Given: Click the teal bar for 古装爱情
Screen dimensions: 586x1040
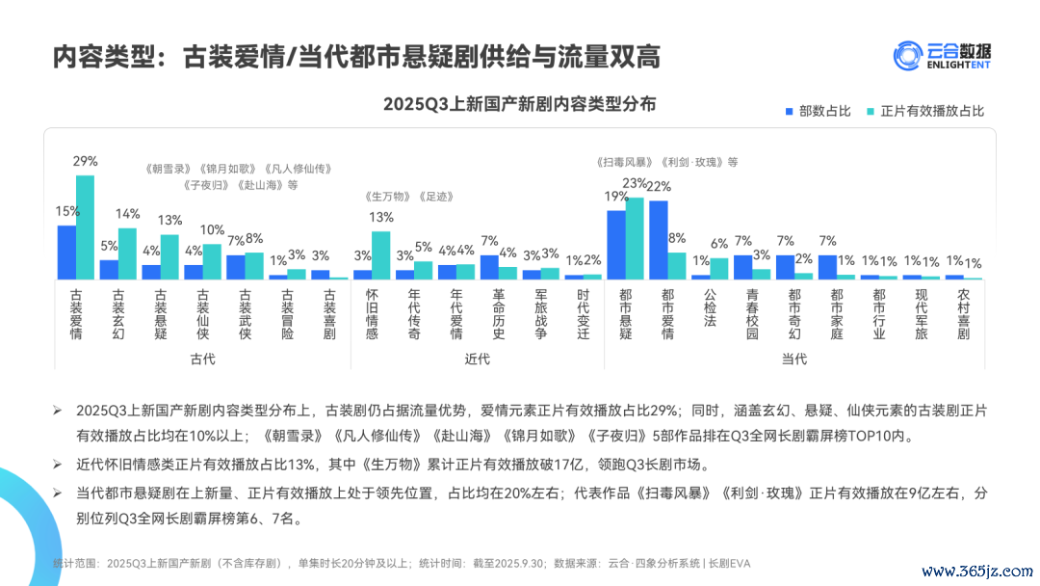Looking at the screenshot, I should click(x=86, y=227).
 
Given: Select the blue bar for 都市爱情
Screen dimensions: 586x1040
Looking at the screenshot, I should click(x=659, y=240).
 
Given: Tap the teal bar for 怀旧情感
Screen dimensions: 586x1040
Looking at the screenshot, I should click(x=381, y=255).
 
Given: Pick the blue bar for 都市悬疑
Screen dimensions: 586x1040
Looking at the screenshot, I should click(x=616, y=245).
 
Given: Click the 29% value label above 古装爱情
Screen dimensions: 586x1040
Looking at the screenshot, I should click(x=86, y=162).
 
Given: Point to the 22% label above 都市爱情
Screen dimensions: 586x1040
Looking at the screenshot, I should click(x=659, y=186).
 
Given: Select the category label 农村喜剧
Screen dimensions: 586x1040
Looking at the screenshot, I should click(x=964, y=314).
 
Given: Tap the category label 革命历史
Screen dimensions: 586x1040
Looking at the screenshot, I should click(x=498, y=314).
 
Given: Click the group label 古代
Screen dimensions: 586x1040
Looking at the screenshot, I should click(x=202, y=360).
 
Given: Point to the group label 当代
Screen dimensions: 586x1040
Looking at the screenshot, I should click(x=794, y=360).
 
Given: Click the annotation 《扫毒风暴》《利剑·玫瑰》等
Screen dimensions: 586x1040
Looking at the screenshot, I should click(x=667, y=163).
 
